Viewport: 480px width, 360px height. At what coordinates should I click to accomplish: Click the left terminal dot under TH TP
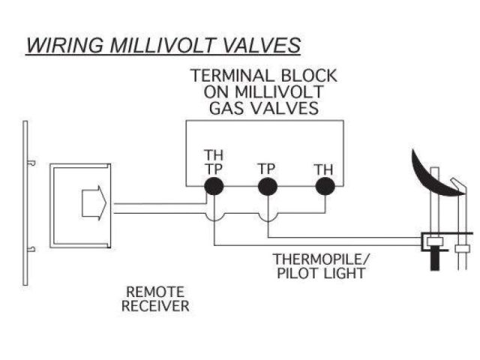[x=214, y=187]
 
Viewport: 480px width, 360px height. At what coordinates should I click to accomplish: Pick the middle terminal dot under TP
[x=268, y=187]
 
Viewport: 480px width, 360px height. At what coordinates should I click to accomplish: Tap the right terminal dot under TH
[x=323, y=187]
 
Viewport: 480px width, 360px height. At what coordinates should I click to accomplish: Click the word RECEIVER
[x=158, y=305]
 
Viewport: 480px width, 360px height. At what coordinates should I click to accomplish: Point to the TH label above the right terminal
[x=323, y=168]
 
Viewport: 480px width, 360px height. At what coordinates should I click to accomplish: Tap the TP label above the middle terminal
[x=268, y=168]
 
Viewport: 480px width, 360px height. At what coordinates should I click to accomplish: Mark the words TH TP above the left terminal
[x=214, y=162]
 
